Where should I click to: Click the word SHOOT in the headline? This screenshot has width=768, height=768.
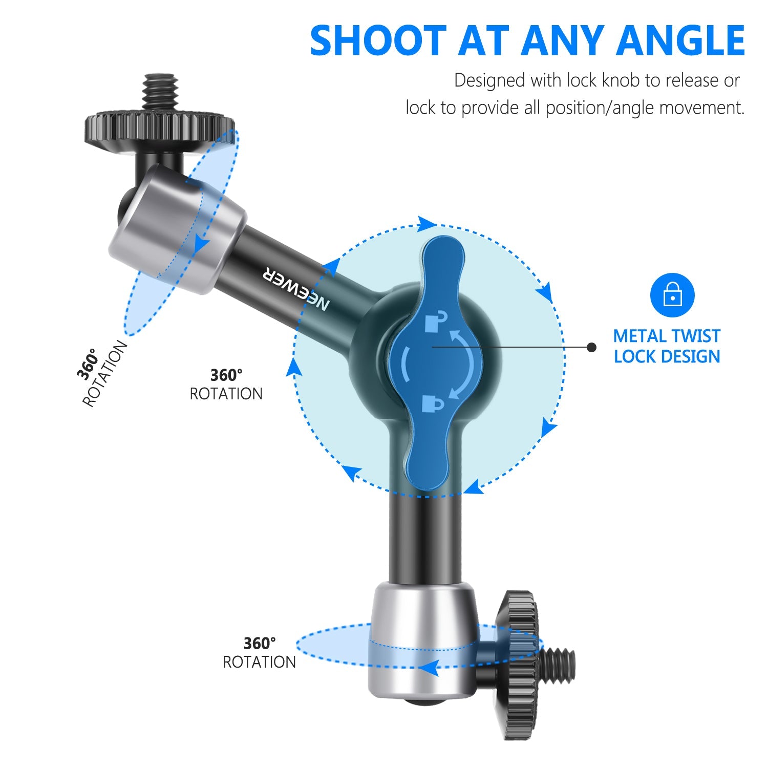click(x=378, y=41)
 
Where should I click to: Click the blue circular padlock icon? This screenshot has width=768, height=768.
click(x=672, y=295)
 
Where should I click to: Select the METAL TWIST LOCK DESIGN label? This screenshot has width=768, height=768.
click(x=667, y=346)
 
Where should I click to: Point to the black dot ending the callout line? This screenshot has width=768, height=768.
click(x=592, y=347)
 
